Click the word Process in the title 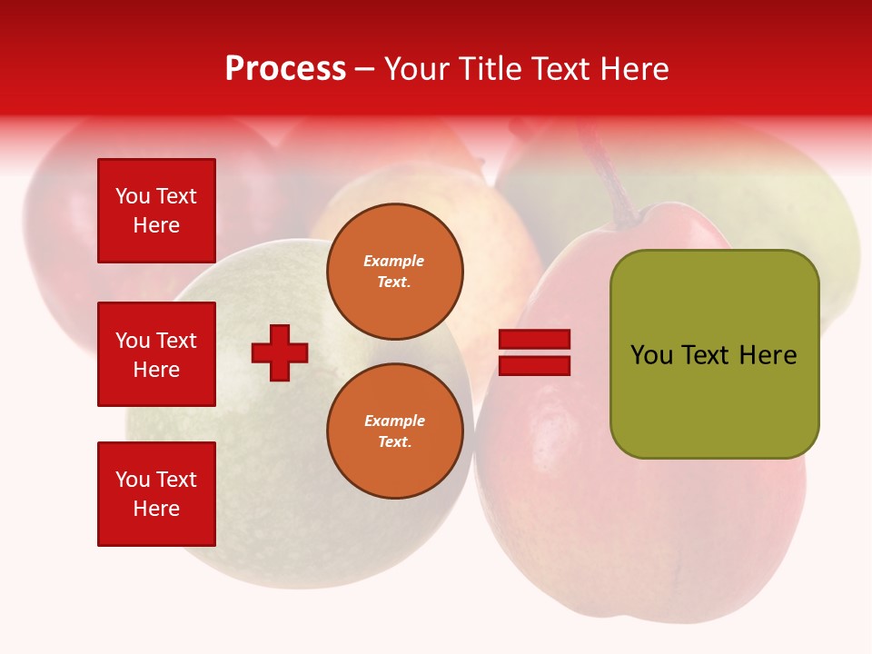tap(285, 68)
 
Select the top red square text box tap(156, 211)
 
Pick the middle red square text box tap(156, 354)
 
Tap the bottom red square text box tap(156, 494)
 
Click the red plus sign tap(280, 352)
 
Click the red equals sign tap(535, 352)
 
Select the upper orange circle tap(395, 272)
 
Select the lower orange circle tap(395, 431)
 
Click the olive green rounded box tap(715, 353)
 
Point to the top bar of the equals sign tap(535, 340)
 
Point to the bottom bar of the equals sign tap(535, 365)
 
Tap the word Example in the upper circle tap(394, 261)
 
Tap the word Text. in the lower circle tap(395, 442)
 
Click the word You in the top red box tap(133, 196)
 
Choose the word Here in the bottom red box tap(156, 509)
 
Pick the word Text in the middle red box tap(176, 341)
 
